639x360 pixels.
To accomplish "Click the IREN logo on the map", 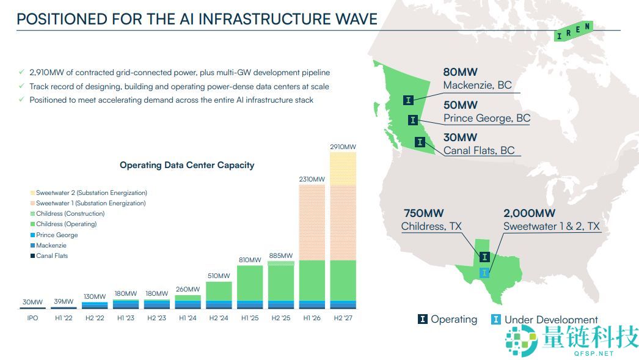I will [572, 31].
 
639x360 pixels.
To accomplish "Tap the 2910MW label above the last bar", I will [343, 147].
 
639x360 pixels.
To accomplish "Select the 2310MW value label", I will [312, 179].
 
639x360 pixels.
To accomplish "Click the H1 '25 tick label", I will [249, 318].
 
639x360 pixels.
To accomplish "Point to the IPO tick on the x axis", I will [33, 318].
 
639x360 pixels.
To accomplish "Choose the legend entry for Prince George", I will [57, 235].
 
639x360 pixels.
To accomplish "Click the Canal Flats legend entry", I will [52, 255].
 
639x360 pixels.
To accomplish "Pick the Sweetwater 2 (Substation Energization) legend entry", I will [90, 193].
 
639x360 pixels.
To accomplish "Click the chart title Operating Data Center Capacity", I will [187, 165].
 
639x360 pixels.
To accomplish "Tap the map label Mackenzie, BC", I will [477, 86].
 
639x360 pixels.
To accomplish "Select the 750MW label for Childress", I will [423, 213].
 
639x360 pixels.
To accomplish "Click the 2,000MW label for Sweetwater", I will [529, 213].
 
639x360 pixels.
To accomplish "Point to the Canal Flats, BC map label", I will [479, 150].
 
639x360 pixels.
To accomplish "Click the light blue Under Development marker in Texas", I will [484, 272].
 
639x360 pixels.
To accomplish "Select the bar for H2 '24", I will [218, 295].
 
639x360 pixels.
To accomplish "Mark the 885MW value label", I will [280, 255].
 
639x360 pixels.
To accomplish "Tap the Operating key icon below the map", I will [422, 319].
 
